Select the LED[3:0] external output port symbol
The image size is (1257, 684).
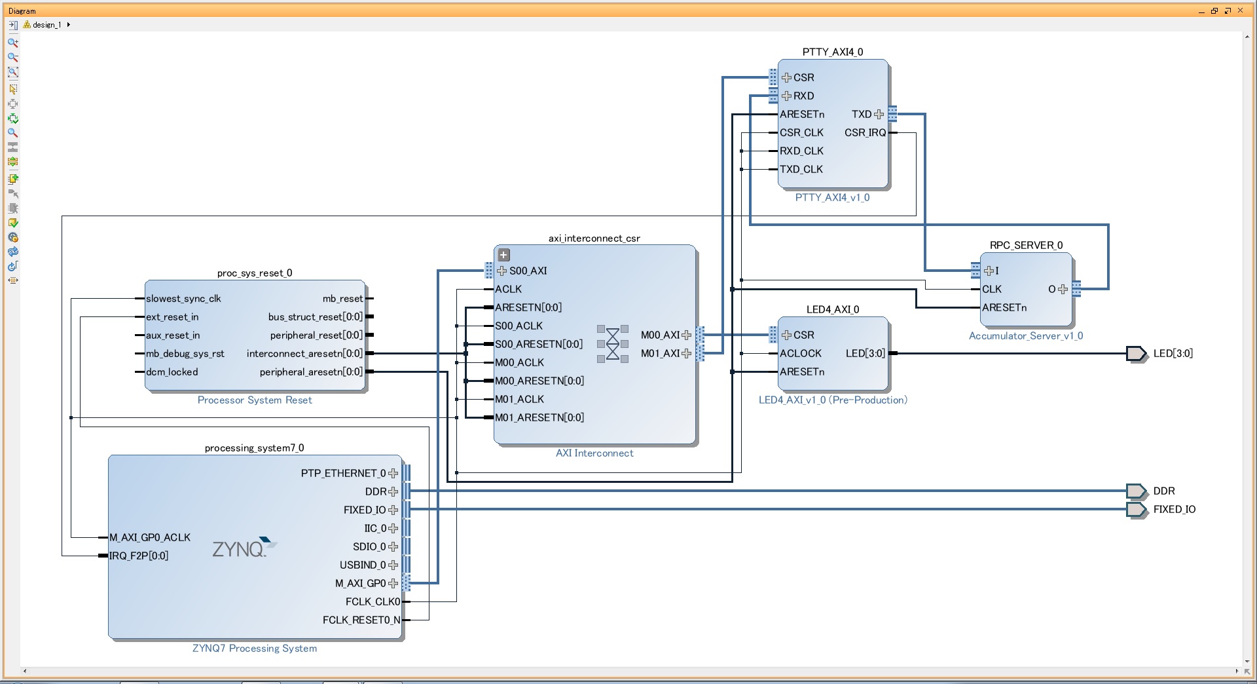pyautogui.click(x=1136, y=354)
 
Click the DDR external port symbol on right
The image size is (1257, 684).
pyautogui.click(x=1136, y=491)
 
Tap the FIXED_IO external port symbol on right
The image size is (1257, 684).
pyautogui.click(x=1136, y=509)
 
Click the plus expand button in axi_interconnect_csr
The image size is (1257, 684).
pyautogui.click(x=503, y=255)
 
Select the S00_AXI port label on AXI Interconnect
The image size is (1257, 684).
pyautogui.click(x=528, y=271)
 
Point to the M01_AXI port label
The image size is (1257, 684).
pyautogui.click(x=660, y=353)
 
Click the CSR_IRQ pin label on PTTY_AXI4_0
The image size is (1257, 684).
pyautogui.click(x=865, y=132)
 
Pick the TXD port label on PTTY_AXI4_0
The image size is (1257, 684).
pyautogui.click(x=862, y=114)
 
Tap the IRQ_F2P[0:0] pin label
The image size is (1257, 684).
pyautogui.click(x=139, y=556)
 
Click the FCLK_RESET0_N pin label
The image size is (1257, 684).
pyautogui.click(x=361, y=620)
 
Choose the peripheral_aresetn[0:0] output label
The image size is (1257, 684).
pyautogui.click(x=311, y=371)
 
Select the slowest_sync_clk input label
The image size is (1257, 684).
pyautogui.click(x=183, y=298)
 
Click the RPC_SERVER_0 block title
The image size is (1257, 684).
pyautogui.click(x=1026, y=245)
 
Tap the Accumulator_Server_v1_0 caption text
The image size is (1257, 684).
pyautogui.click(x=1026, y=335)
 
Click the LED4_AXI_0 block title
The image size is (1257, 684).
pyautogui.click(x=833, y=309)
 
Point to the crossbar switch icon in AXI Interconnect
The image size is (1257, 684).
pyautogui.click(x=613, y=343)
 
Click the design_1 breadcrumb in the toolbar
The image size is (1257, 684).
pyautogui.click(x=46, y=25)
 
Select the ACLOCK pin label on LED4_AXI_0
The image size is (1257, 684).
pyautogui.click(x=800, y=353)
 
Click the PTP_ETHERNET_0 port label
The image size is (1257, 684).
pyautogui.click(x=343, y=473)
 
